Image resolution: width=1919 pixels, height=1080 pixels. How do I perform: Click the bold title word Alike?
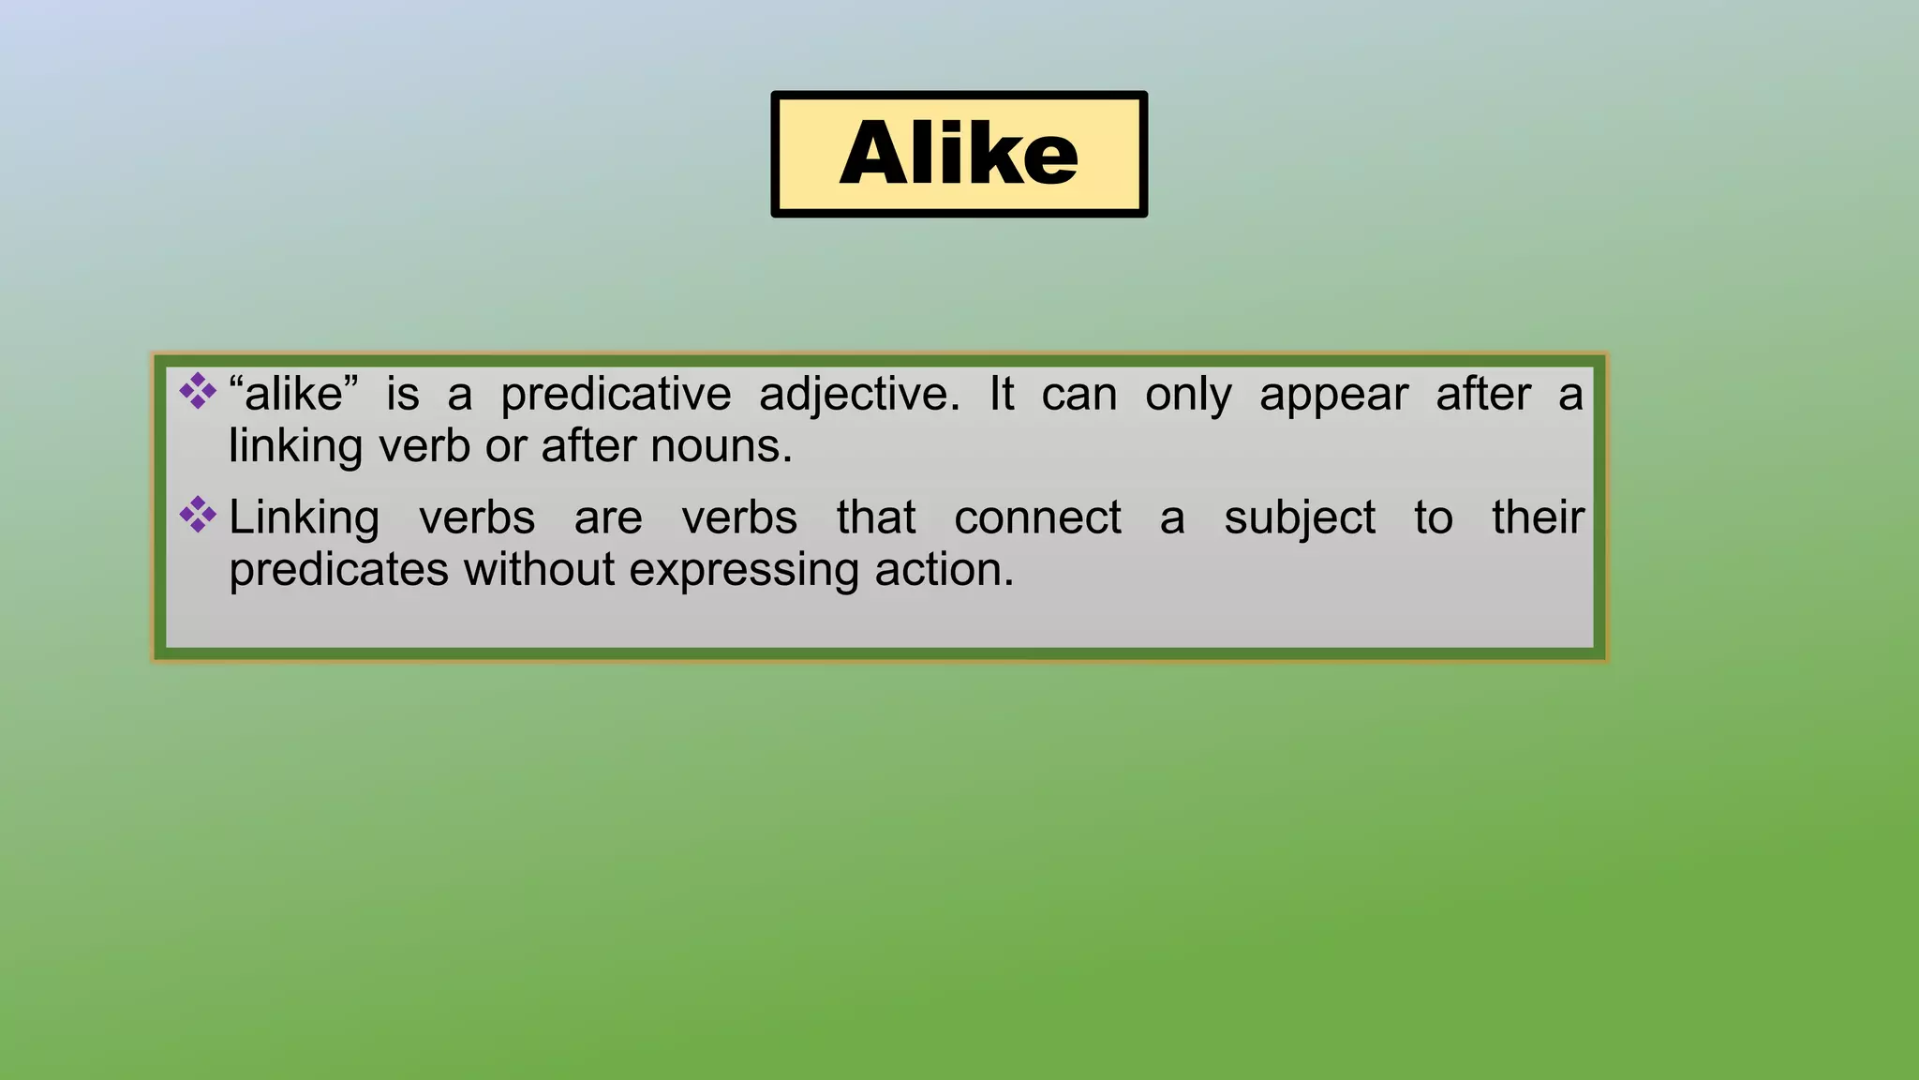pos(959,153)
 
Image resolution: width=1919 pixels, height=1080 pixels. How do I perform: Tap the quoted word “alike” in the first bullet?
pos(293,394)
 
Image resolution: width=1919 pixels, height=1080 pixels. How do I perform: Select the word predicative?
pos(616,394)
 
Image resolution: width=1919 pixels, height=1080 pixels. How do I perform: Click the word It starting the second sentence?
pos(1001,394)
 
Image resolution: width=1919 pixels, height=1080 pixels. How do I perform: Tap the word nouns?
pos(721,446)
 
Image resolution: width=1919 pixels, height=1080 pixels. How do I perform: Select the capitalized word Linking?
pos(305,518)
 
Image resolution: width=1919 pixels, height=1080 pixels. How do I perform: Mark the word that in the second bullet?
pos(876,517)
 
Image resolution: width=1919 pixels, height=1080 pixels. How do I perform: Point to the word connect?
pos(1037,517)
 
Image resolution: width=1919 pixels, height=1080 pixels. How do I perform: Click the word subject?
pos(1300,518)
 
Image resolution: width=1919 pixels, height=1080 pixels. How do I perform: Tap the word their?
pos(1538,517)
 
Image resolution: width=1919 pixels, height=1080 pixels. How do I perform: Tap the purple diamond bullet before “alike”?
pos(198,391)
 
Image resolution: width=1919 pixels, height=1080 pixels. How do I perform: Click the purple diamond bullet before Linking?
pos(198,514)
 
